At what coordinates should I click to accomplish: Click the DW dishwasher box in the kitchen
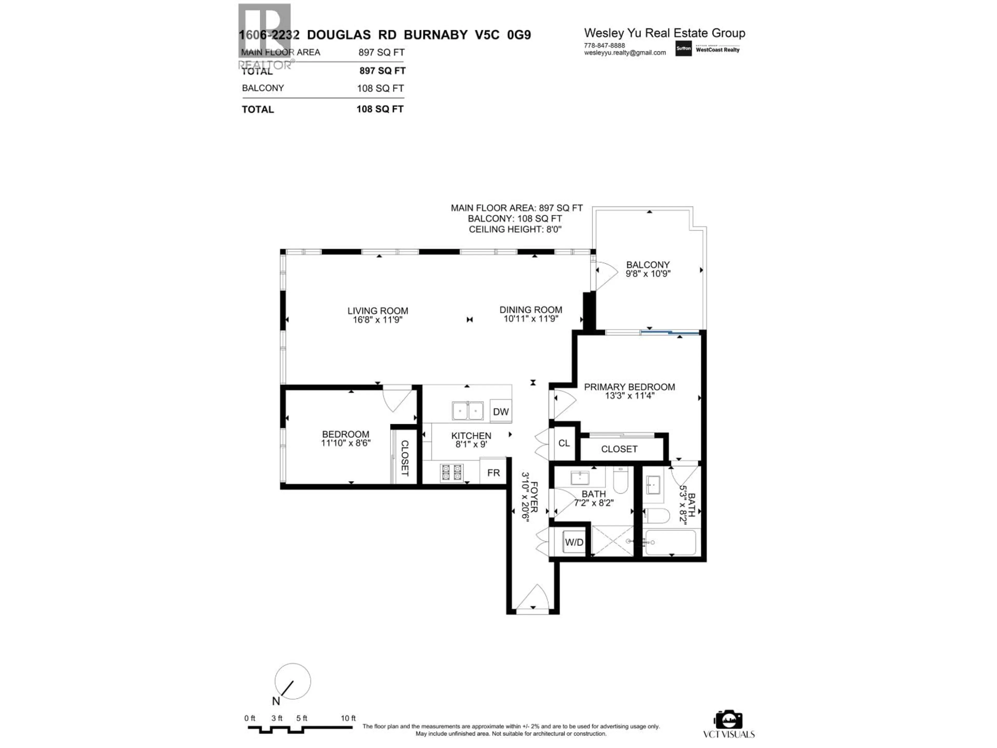coord(500,411)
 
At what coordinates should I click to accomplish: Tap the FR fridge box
coord(493,472)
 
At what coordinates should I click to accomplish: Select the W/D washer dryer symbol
coord(574,542)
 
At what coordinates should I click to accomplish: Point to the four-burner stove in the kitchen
coord(452,472)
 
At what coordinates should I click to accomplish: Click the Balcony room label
coord(648,265)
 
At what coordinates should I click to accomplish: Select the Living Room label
coord(378,311)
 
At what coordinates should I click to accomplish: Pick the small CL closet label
coord(564,443)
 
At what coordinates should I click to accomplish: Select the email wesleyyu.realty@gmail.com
coord(625,53)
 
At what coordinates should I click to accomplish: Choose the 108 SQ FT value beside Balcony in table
coord(380,88)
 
